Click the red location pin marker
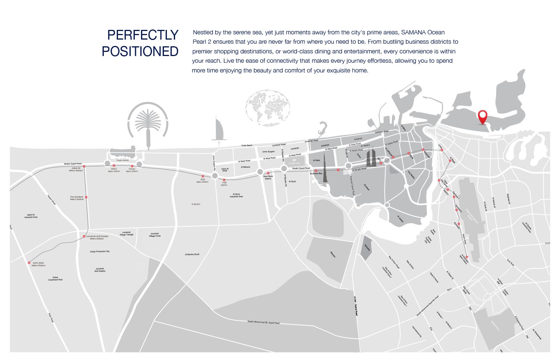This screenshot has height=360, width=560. coord(483,117)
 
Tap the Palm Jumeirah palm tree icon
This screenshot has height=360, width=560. coord(148,123)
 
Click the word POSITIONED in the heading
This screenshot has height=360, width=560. coord(140,51)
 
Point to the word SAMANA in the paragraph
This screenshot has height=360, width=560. coord(413,32)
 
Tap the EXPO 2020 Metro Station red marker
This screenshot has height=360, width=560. coord(29,263)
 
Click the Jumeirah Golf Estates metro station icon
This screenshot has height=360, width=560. coord(84,236)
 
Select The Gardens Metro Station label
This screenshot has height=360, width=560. coord(77,198)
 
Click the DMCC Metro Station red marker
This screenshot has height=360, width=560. coord(114,165)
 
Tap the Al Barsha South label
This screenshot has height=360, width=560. coord(192,254)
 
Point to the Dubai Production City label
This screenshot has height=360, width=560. coord(100,251)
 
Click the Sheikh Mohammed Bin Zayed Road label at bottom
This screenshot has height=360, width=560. coord(263,322)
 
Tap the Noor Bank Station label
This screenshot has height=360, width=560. coord(268,177)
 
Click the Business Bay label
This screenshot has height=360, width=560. coord(316,174)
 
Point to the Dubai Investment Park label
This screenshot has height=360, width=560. coord(55,278)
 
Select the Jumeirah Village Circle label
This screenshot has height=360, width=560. coord(155,235)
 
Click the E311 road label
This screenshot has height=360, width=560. coord(449,290)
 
